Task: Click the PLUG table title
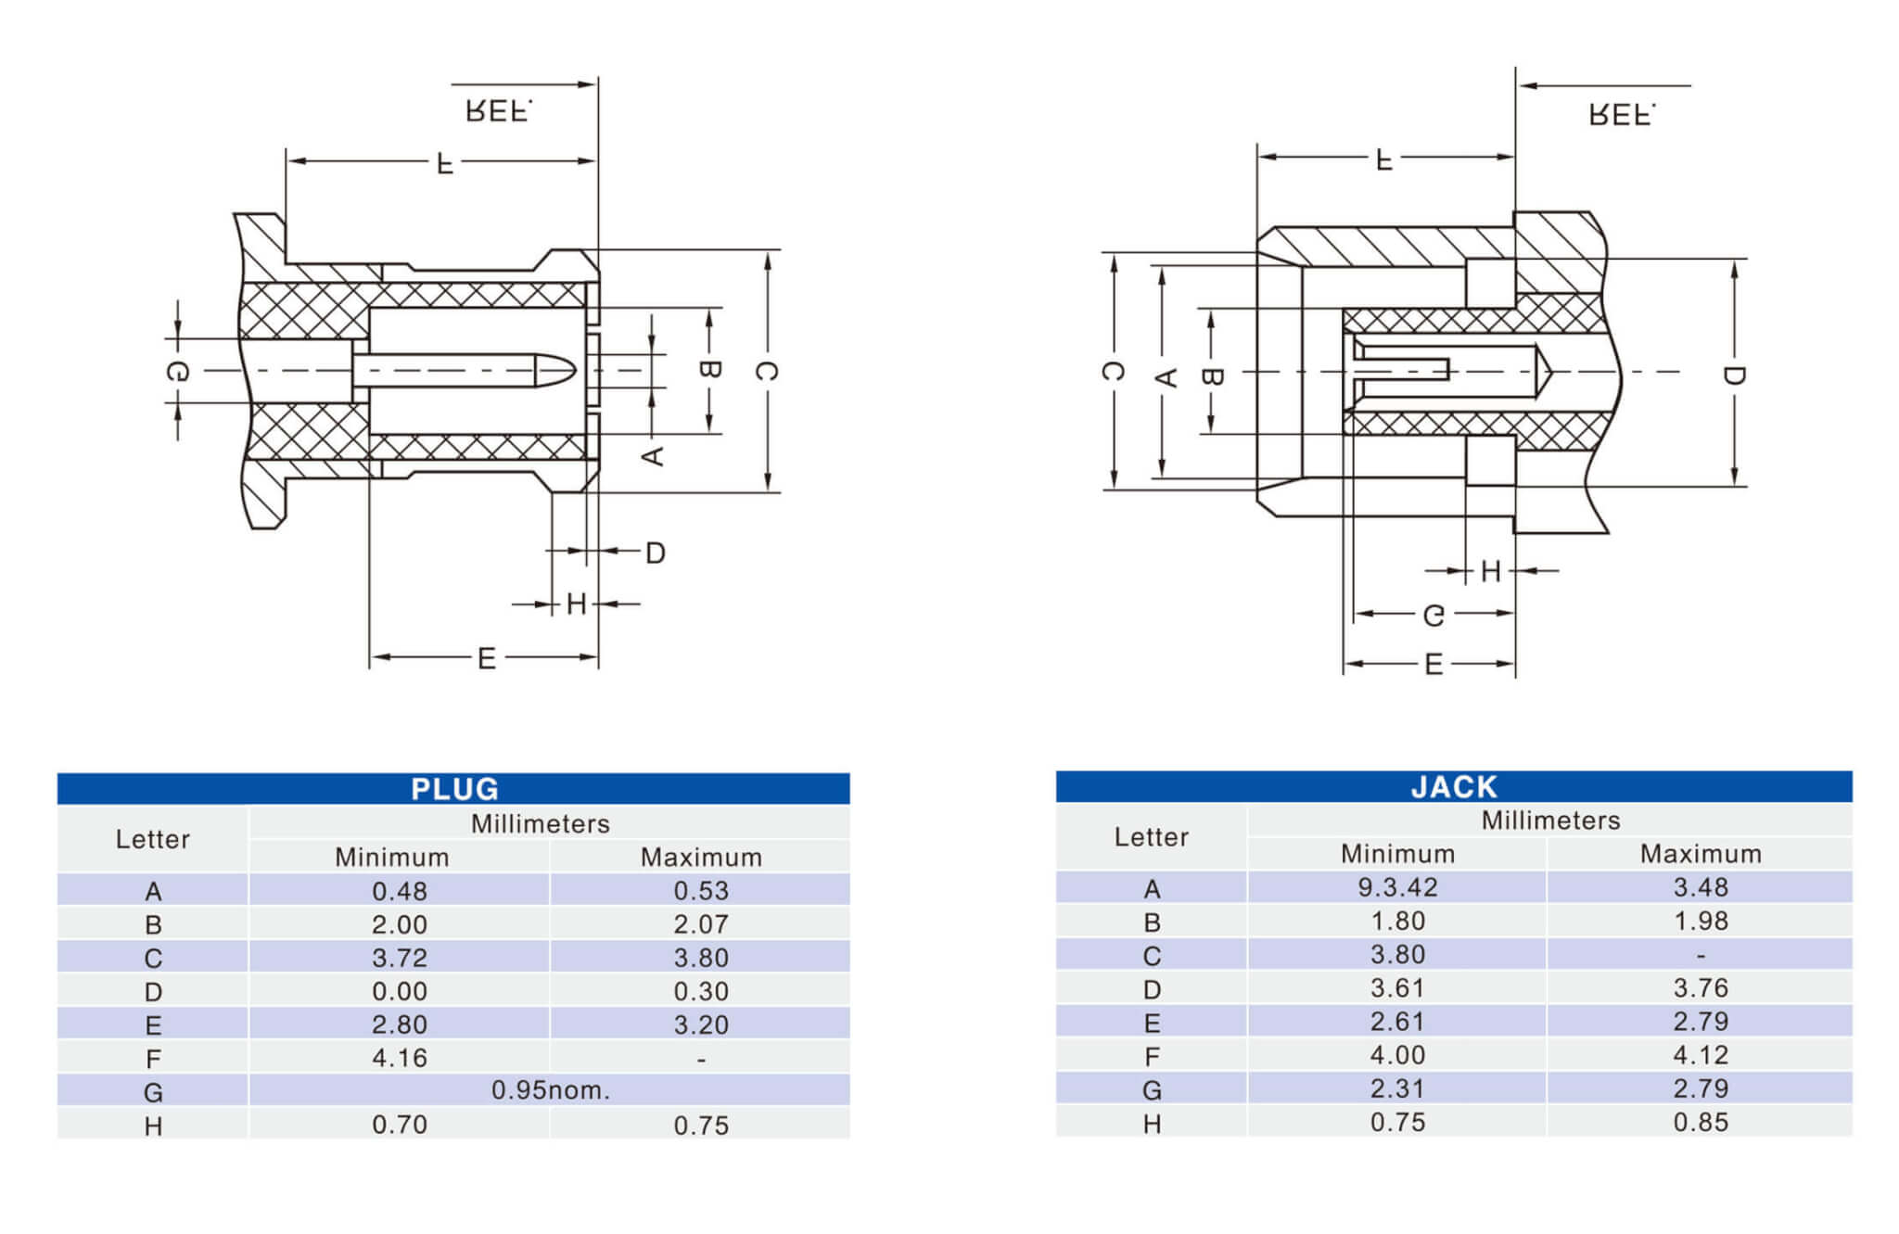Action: (x=454, y=788)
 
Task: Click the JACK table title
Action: (x=1453, y=786)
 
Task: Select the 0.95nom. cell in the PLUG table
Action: (x=550, y=1089)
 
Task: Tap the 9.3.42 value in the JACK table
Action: (x=1397, y=887)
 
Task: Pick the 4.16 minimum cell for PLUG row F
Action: (x=400, y=1058)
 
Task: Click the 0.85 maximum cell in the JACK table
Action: (x=1701, y=1122)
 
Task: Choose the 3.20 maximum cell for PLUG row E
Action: (x=701, y=1024)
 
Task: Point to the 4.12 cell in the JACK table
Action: (x=1701, y=1054)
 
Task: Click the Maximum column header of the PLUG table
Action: (x=701, y=857)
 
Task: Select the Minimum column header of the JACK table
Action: (x=1397, y=853)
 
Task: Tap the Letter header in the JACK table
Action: (x=1151, y=836)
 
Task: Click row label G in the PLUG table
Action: (x=153, y=1092)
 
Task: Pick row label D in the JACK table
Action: (x=1152, y=989)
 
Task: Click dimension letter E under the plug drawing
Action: (x=486, y=658)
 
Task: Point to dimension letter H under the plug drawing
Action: (x=576, y=604)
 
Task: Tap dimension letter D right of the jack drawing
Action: (x=1734, y=375)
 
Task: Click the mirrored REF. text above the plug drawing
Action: (x=499, y=111)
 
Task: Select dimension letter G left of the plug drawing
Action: (x=178, y=372)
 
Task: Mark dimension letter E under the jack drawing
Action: (x=1434, y=664)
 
